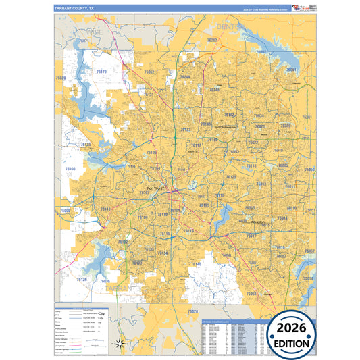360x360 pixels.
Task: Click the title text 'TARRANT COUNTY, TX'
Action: [x=75, y=8]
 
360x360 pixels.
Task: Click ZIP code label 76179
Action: [x=102, y=71]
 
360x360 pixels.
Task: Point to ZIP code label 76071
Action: [x=84, y=41]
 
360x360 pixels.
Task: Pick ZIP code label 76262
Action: [x=212, y=41]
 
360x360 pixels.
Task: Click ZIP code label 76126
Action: [x=82, y=279]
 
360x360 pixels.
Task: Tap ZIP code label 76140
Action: [x=196, y=264]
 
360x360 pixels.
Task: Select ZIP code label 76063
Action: [x=251, y=294]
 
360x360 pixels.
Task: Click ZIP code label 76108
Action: [x=86, y=144]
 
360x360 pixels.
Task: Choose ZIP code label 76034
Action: [x=258, y=115]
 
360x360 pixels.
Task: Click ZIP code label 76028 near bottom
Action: [x=193, y=311]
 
